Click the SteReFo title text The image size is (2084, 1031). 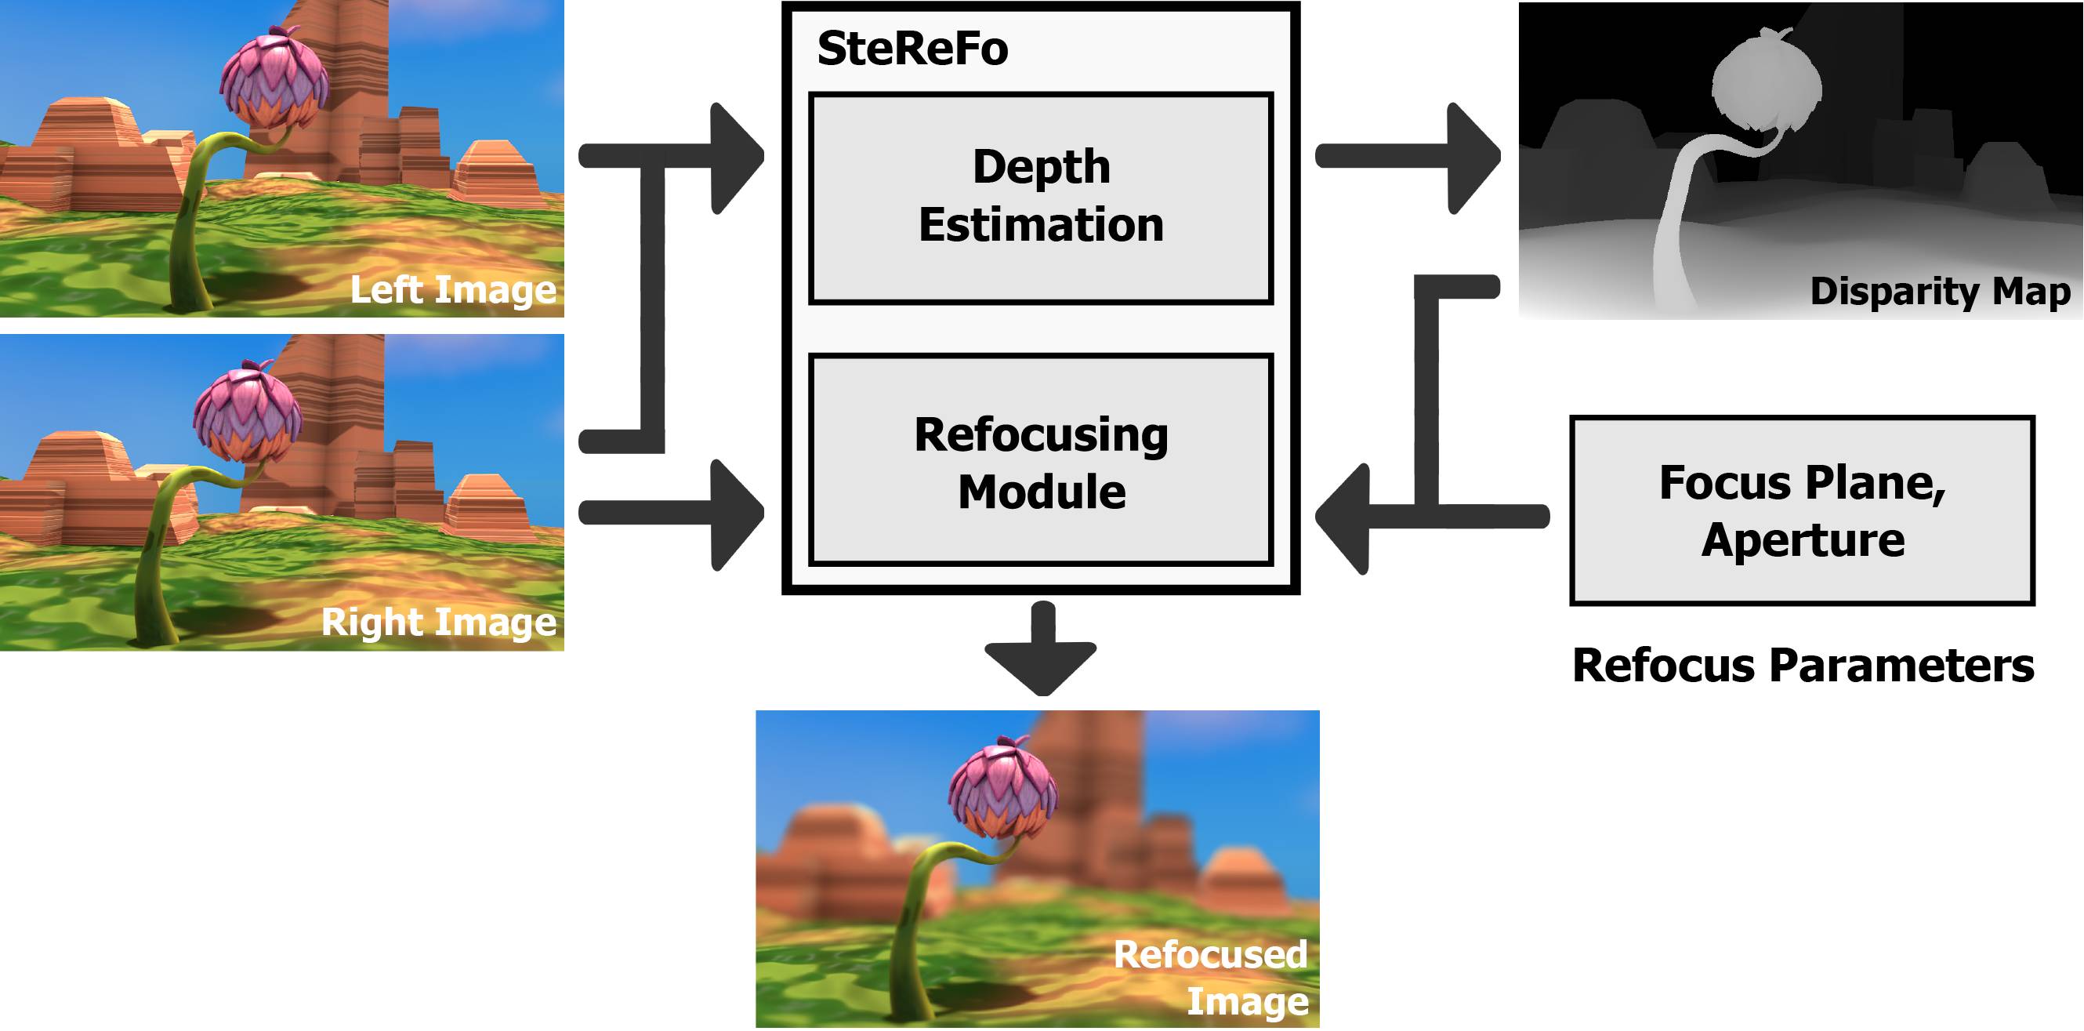tap(912, 49)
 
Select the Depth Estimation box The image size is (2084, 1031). tap(1040, 198)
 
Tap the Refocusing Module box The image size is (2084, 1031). tap(1040, 459)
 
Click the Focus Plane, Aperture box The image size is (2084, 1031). tap(1801, 510)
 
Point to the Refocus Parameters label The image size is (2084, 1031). tap(1802, 665)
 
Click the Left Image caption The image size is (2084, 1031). tap(452, 290)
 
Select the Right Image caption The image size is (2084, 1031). tap(438, 622)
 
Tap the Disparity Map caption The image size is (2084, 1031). tap(1939, 292)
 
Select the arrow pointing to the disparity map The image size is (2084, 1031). tap(1408, 156)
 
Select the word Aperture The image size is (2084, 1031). tap(1802, 539)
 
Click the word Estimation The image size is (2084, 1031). tap(1040, 225)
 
